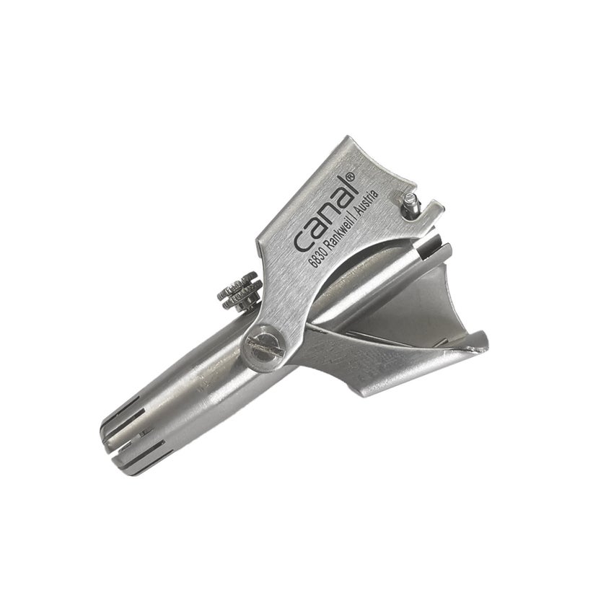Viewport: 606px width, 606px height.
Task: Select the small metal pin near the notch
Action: point(410,203)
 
